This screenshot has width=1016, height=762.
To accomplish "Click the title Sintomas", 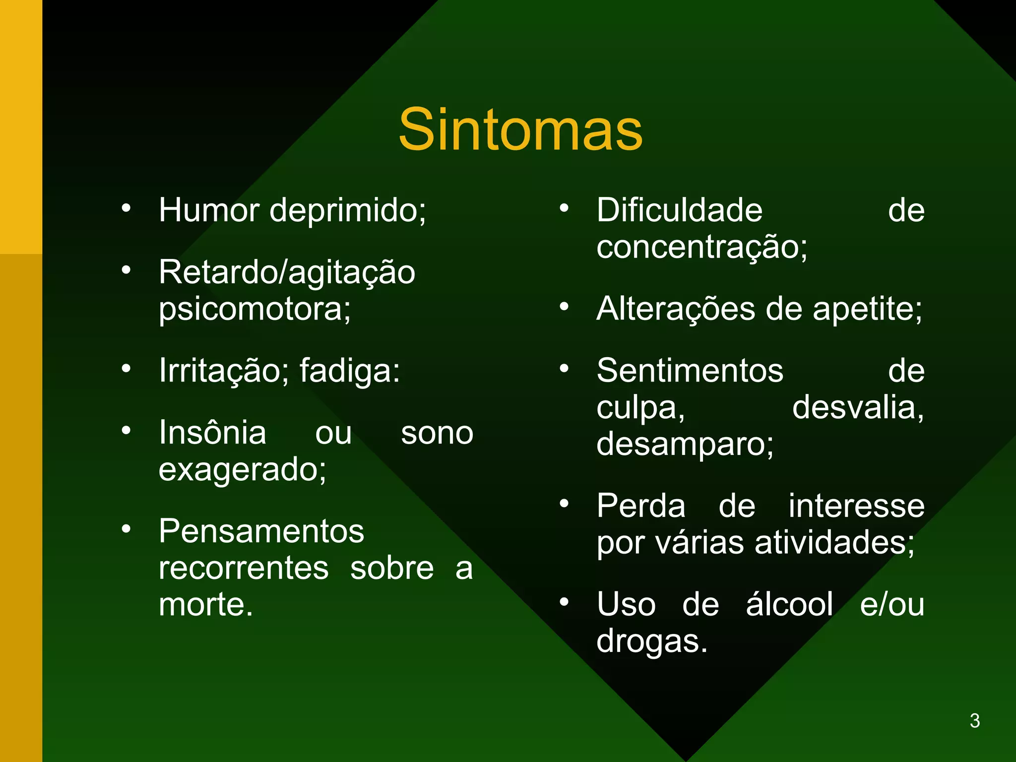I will pos(520,130).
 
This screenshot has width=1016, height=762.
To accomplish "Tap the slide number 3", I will pos(974,720).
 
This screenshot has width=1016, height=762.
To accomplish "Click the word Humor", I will pos(209,210).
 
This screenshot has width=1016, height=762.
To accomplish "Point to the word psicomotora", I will pos(254,310).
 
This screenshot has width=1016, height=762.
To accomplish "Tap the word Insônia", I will pos(212,433).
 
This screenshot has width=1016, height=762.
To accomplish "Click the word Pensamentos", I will pos(261,531).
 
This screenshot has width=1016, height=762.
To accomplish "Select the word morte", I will pos(205,605).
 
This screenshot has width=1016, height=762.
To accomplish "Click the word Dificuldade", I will pos(679,210).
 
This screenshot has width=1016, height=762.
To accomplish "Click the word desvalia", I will pos(858,408).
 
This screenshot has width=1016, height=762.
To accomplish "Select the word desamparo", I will pos(685,444).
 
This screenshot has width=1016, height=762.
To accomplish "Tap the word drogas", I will pos(651,641).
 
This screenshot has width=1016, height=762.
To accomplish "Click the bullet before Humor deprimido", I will pos(127,208).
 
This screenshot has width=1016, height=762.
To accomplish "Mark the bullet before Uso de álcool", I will pos(564,602).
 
